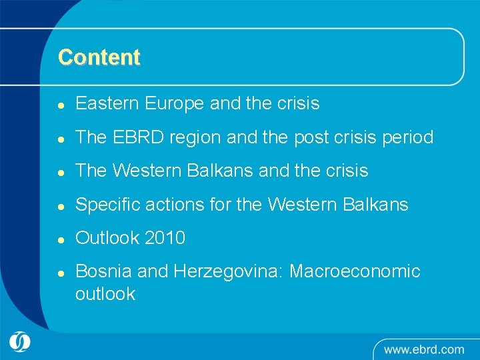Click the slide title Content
(x=99, y=57)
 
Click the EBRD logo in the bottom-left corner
(x=20, y=343)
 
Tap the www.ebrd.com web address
(x=424, y=349)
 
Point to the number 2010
(x=164, y=238)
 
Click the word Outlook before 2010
(x=107, y=238)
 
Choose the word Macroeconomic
(x=355, y=271)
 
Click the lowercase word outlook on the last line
(x=105, y=294)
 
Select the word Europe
(x=173, y=104)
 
